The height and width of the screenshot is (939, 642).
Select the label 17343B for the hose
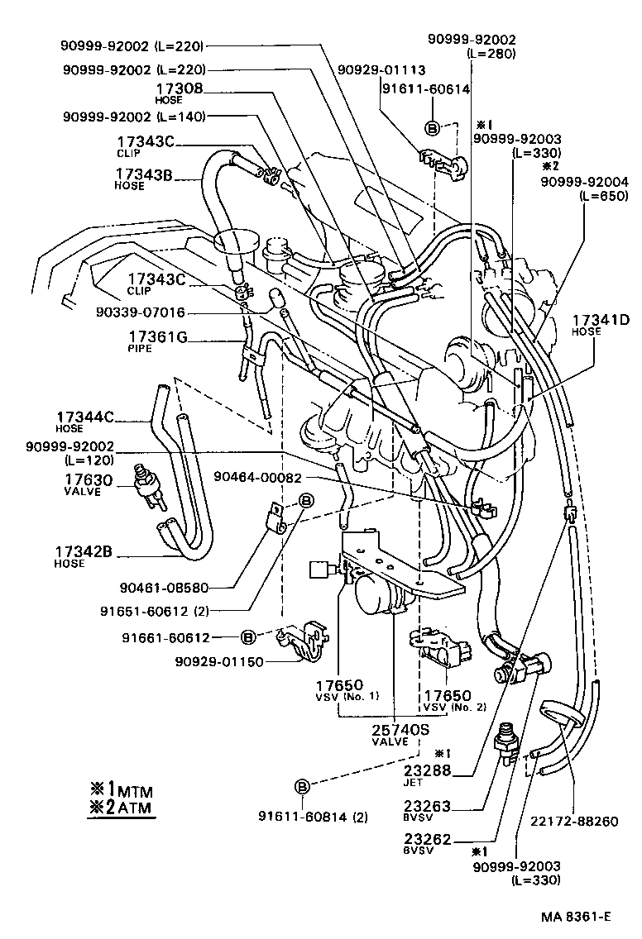click(143, 174)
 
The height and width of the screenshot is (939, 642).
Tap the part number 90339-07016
click(140, 312)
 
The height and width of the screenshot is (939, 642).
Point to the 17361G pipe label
click(157, 336)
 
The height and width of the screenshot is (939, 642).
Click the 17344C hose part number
click(85, 418)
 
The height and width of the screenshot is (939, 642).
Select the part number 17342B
click(84, 551)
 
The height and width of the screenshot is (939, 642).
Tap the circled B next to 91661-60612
click(247, 637)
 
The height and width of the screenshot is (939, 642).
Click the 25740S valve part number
click(390, 730)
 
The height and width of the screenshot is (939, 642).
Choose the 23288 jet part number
click(452, 770)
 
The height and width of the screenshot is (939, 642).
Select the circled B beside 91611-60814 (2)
click(303, 785)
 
